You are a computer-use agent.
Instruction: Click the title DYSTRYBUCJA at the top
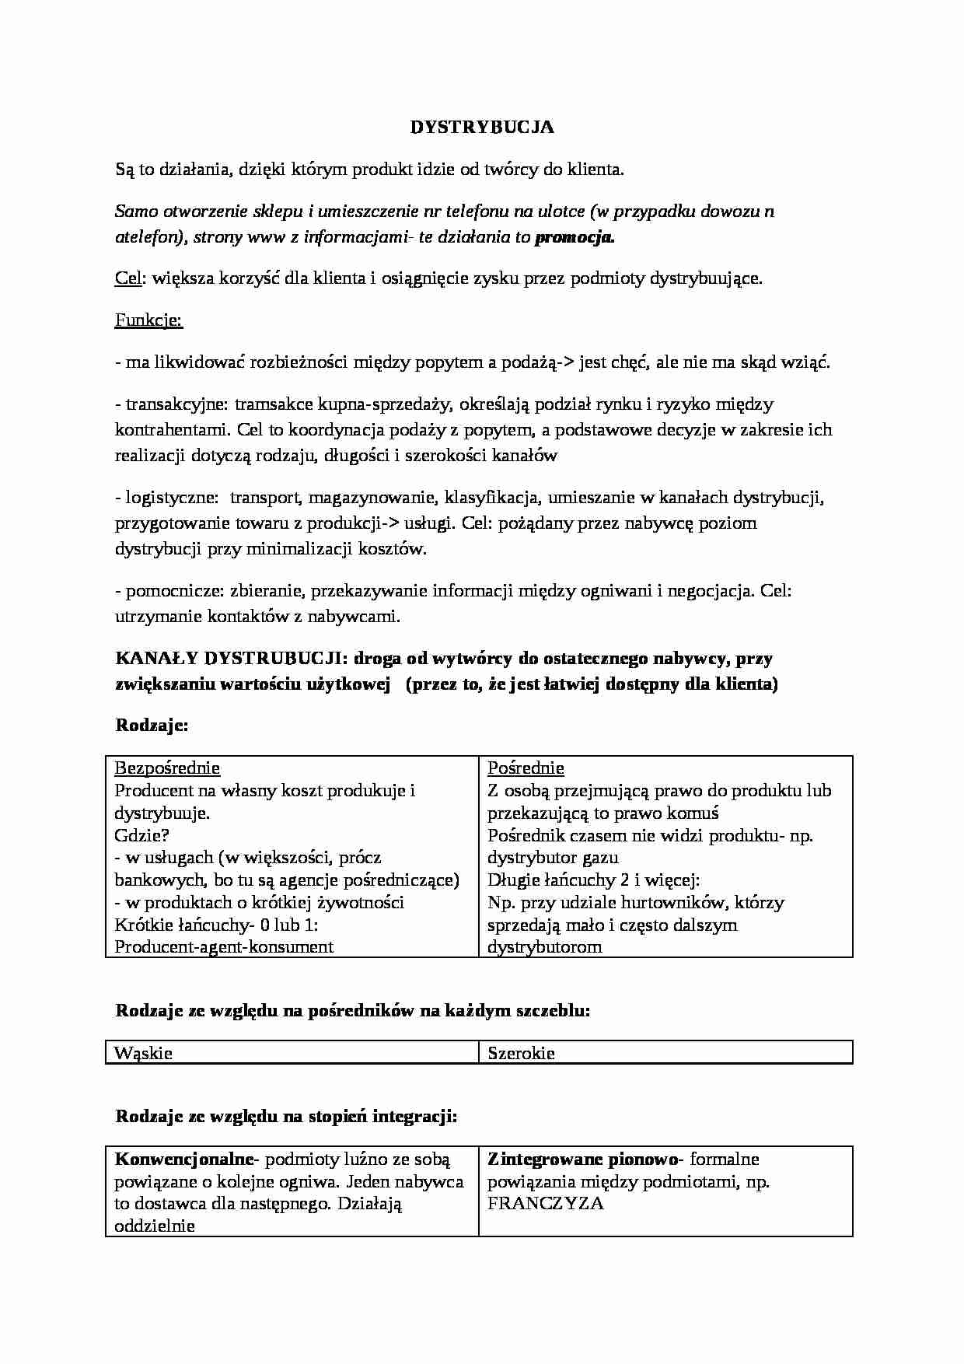tap(482, 128)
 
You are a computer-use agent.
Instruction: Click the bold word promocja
tap(575, 238)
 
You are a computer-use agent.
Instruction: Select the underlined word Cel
tap(127, 279)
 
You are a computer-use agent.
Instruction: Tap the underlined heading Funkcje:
tap(148, 320)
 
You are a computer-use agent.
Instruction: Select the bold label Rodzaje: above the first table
tap(152, 726)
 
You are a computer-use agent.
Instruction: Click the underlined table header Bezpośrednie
tap(167, 768)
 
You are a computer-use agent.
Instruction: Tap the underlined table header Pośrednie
tap(526, 768)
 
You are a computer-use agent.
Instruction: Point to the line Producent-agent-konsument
tap(224, 946)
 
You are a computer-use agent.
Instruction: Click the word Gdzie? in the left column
tap(141, 835)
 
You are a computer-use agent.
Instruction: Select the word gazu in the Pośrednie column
tap(599, 858)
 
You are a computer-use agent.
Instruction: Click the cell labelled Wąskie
tap(143, 1054)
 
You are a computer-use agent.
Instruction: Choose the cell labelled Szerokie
tap(521, 1054)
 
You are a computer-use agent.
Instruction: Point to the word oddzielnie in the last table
tap(154, 1226)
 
